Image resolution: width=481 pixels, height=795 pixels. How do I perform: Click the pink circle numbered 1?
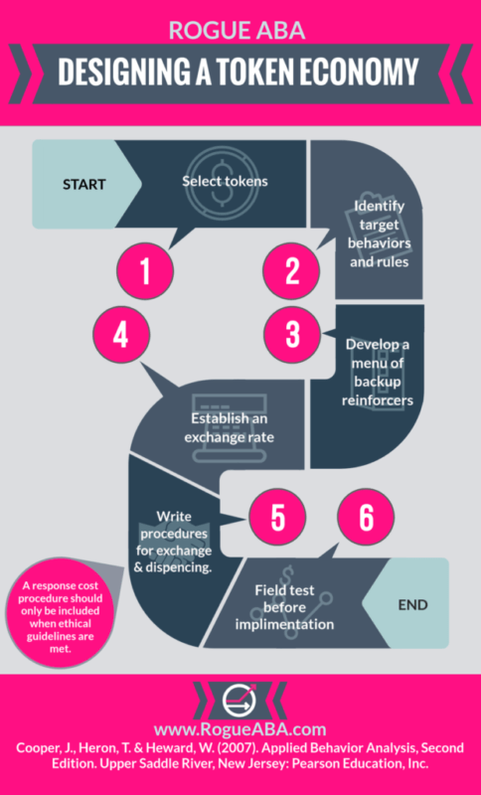coord(145,270)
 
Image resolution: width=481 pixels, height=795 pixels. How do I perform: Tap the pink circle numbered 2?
coord(291,270)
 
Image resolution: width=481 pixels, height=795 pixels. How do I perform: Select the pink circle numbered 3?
coord(292,334)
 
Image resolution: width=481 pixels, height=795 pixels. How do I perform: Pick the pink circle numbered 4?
coord(121,334)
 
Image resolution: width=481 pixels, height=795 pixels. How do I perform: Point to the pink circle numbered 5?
coord(276,517)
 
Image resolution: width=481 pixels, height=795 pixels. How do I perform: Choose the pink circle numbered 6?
coord(366,517)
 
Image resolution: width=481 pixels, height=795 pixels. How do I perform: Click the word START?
coord(84,184)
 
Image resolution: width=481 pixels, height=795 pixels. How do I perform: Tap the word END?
coord(413,604)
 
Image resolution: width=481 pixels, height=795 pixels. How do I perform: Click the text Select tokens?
coord(225,181)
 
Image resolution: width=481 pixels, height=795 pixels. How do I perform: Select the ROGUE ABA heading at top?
coord(238,30)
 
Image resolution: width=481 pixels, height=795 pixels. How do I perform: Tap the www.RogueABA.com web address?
coord(240,729)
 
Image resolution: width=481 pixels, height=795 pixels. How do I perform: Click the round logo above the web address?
coord(240,700)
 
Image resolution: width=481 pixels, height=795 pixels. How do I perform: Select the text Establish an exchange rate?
coord(230,428)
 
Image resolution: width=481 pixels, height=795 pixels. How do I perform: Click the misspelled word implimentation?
coord(284,624)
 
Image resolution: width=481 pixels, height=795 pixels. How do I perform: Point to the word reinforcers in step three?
coord(377,400)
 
